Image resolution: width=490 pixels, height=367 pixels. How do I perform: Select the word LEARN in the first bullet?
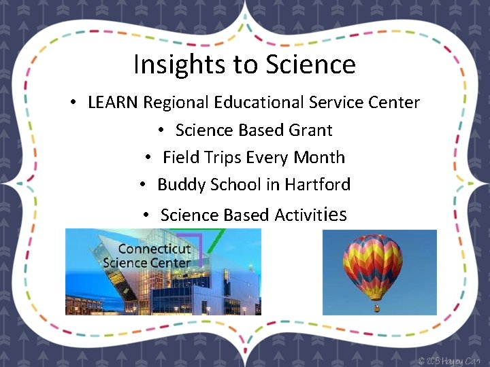click(x=113, y=103)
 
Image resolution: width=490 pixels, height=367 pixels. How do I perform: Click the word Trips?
click(x=221, y=157)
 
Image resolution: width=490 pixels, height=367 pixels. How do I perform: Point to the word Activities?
click(x=310, y=215)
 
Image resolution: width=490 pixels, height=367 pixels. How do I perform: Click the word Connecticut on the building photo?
click(x=154, y=249)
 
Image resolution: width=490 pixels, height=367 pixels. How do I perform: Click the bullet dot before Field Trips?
click(x=148, y=158)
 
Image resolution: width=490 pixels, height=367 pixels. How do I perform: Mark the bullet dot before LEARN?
click(x=72, y=103)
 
